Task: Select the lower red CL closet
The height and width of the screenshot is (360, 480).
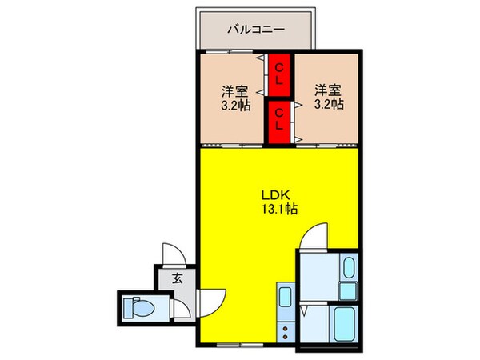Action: pos(278,122)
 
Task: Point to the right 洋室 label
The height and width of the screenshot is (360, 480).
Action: pos(326,89)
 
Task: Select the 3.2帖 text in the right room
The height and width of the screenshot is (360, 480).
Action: pos(326,104)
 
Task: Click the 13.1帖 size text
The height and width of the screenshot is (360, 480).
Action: pos(278,210)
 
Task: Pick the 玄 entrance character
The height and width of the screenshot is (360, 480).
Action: pos(175,278)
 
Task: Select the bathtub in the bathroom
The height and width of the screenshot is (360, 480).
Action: pos(345,326)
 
